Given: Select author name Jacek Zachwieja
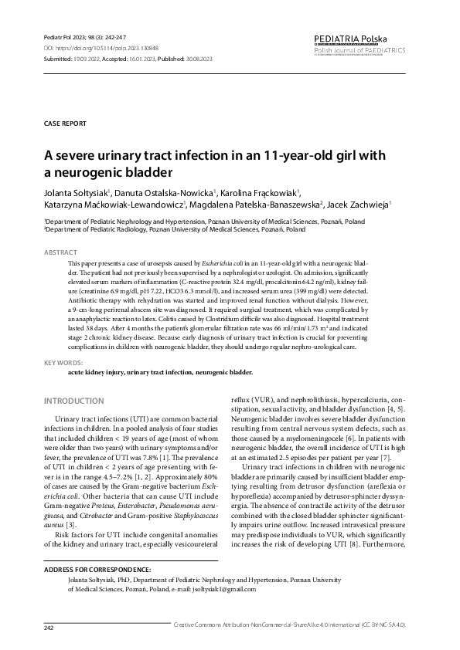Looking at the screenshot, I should [364, 205].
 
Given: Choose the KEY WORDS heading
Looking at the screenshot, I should [63, 362].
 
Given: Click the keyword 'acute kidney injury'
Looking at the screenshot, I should [95, 372].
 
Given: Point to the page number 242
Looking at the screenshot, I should [49, 628].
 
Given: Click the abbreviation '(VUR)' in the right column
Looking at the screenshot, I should [263, 400].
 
